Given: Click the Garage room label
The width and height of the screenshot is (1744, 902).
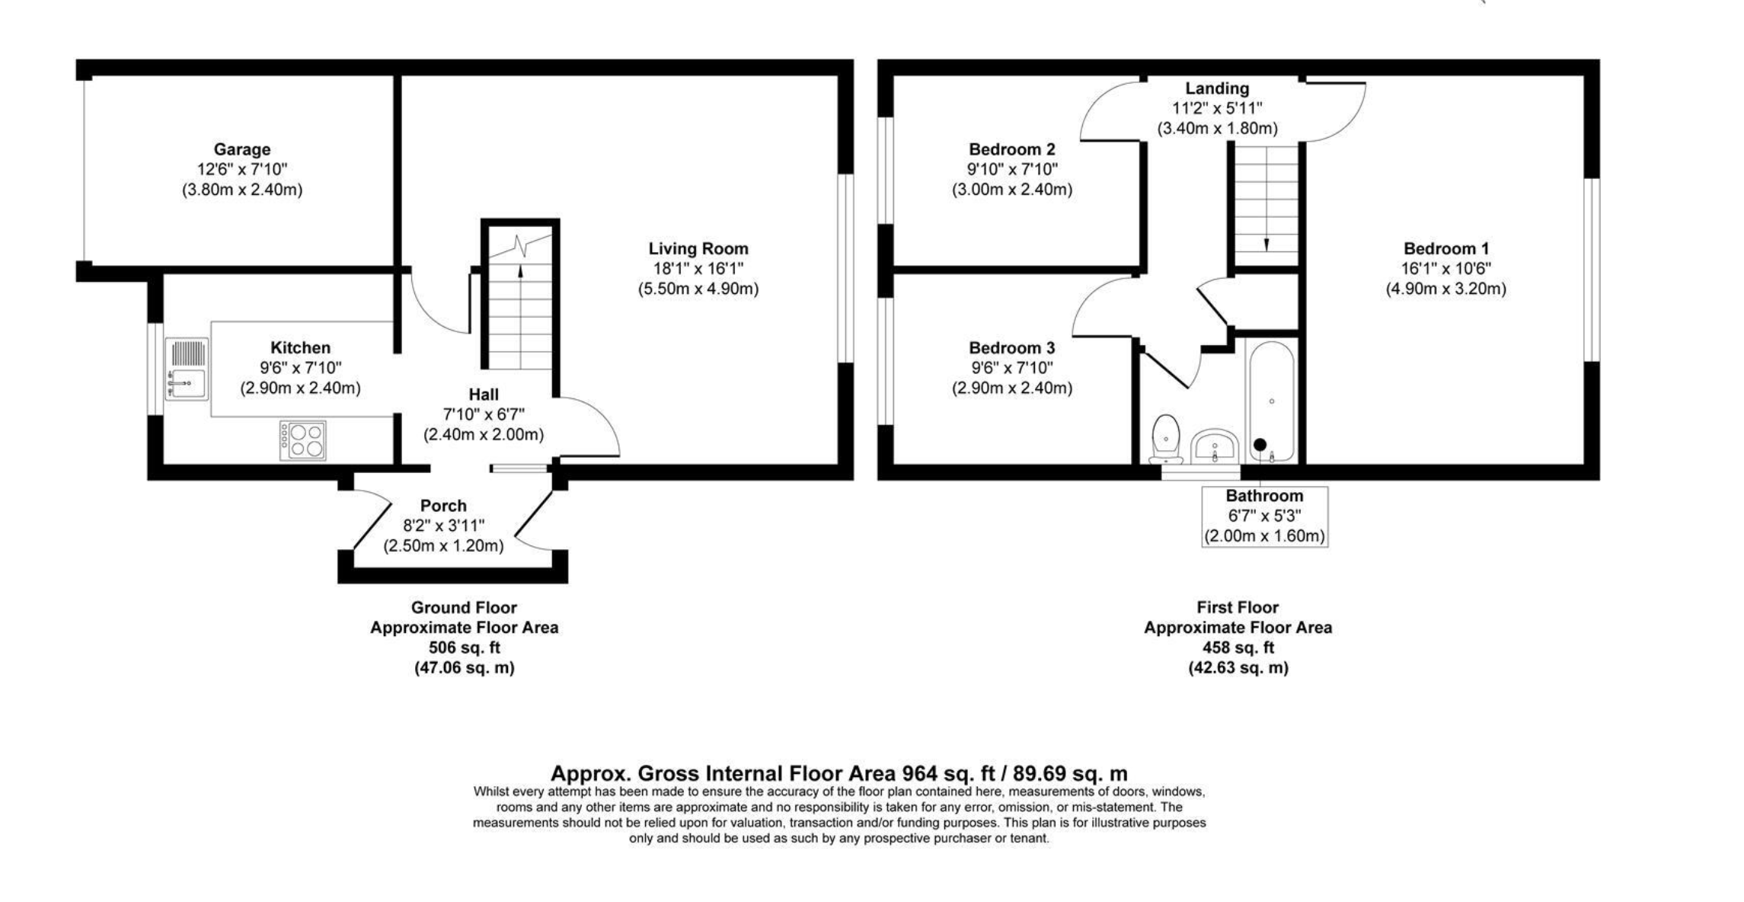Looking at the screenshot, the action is tap(241, 149).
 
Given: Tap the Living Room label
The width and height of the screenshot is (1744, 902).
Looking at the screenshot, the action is tap(698, 248).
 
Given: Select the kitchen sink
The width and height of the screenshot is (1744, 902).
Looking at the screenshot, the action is tap(187, 369).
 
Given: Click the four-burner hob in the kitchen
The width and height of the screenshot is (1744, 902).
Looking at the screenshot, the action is tap(303, 440).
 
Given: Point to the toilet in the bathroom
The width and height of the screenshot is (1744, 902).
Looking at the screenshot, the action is tap(1166, 440).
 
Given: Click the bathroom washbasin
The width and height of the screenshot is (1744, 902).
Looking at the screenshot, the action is tap(1215, 446).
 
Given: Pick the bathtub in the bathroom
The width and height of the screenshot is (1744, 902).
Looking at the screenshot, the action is tap(1271, 401).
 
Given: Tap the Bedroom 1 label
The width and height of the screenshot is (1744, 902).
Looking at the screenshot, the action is tap(1446, 248).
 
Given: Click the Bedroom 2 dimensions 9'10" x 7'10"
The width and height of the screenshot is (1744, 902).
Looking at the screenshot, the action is tap(1012, 169).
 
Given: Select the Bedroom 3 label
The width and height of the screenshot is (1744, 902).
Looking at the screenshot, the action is tap(1012, 348).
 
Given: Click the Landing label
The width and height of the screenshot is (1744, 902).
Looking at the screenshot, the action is tap(1217, 88).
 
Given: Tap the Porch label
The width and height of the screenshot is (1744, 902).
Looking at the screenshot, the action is tap(443, 506).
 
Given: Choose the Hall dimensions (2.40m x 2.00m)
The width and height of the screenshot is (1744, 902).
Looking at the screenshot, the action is tap(484, 435).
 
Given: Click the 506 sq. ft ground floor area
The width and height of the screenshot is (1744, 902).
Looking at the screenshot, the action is tap(465, 648).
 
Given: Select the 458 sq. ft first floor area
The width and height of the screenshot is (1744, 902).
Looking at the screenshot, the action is tap(1238, 648).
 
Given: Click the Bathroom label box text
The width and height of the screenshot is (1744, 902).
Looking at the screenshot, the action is tap(1264, 496).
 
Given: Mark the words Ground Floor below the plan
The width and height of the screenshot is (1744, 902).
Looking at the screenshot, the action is tap(464, 608).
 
